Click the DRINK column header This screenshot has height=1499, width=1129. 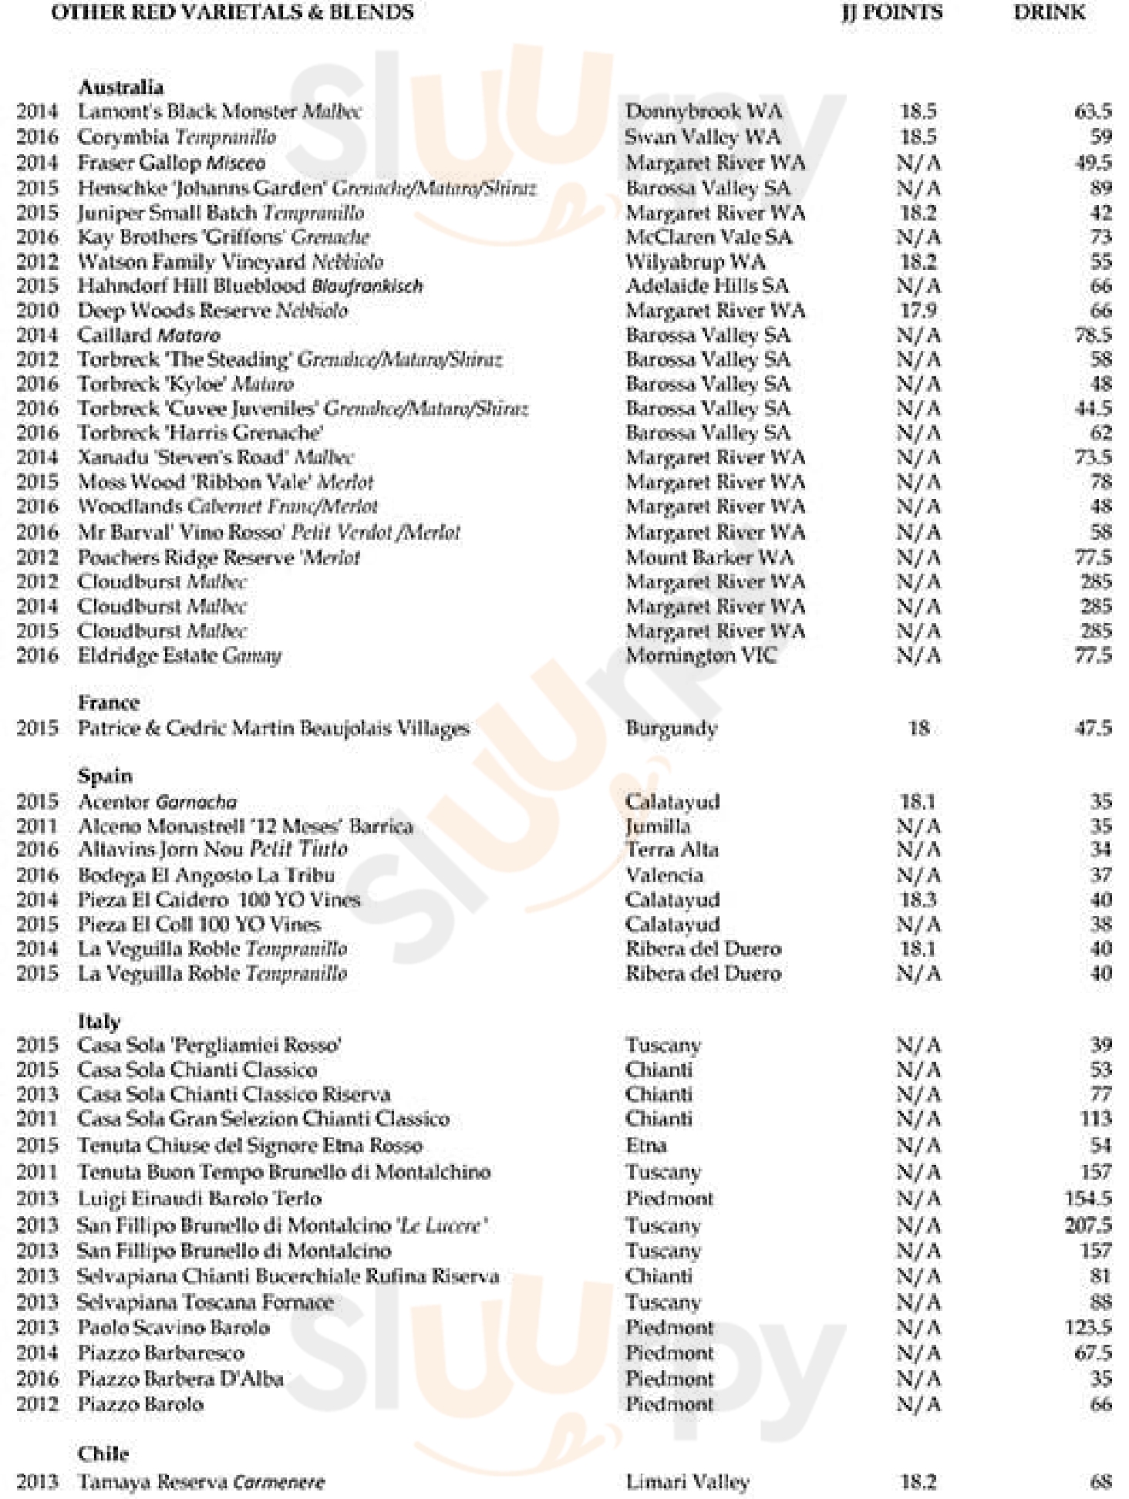1049,12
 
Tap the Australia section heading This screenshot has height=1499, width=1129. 120,86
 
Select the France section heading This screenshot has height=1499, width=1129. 109,702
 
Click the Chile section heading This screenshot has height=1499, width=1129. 103,1454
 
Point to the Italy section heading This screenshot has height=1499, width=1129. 99,1021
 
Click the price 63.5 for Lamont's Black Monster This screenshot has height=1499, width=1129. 1093,111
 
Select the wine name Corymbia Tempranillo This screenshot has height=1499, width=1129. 177,137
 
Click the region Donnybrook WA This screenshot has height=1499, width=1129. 703,111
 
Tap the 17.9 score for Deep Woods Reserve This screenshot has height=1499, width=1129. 918,311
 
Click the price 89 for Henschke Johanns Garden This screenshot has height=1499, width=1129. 1100,188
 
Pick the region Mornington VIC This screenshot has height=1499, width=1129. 701,655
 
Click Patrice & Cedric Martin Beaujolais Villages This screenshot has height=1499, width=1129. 274,728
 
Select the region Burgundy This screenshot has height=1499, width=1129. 671,728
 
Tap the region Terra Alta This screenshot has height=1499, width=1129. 672,850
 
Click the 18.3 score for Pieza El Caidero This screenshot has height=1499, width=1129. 918,900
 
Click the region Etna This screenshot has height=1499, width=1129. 646,1145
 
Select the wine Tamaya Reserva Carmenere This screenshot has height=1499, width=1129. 201,1482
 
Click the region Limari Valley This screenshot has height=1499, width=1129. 687,1482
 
